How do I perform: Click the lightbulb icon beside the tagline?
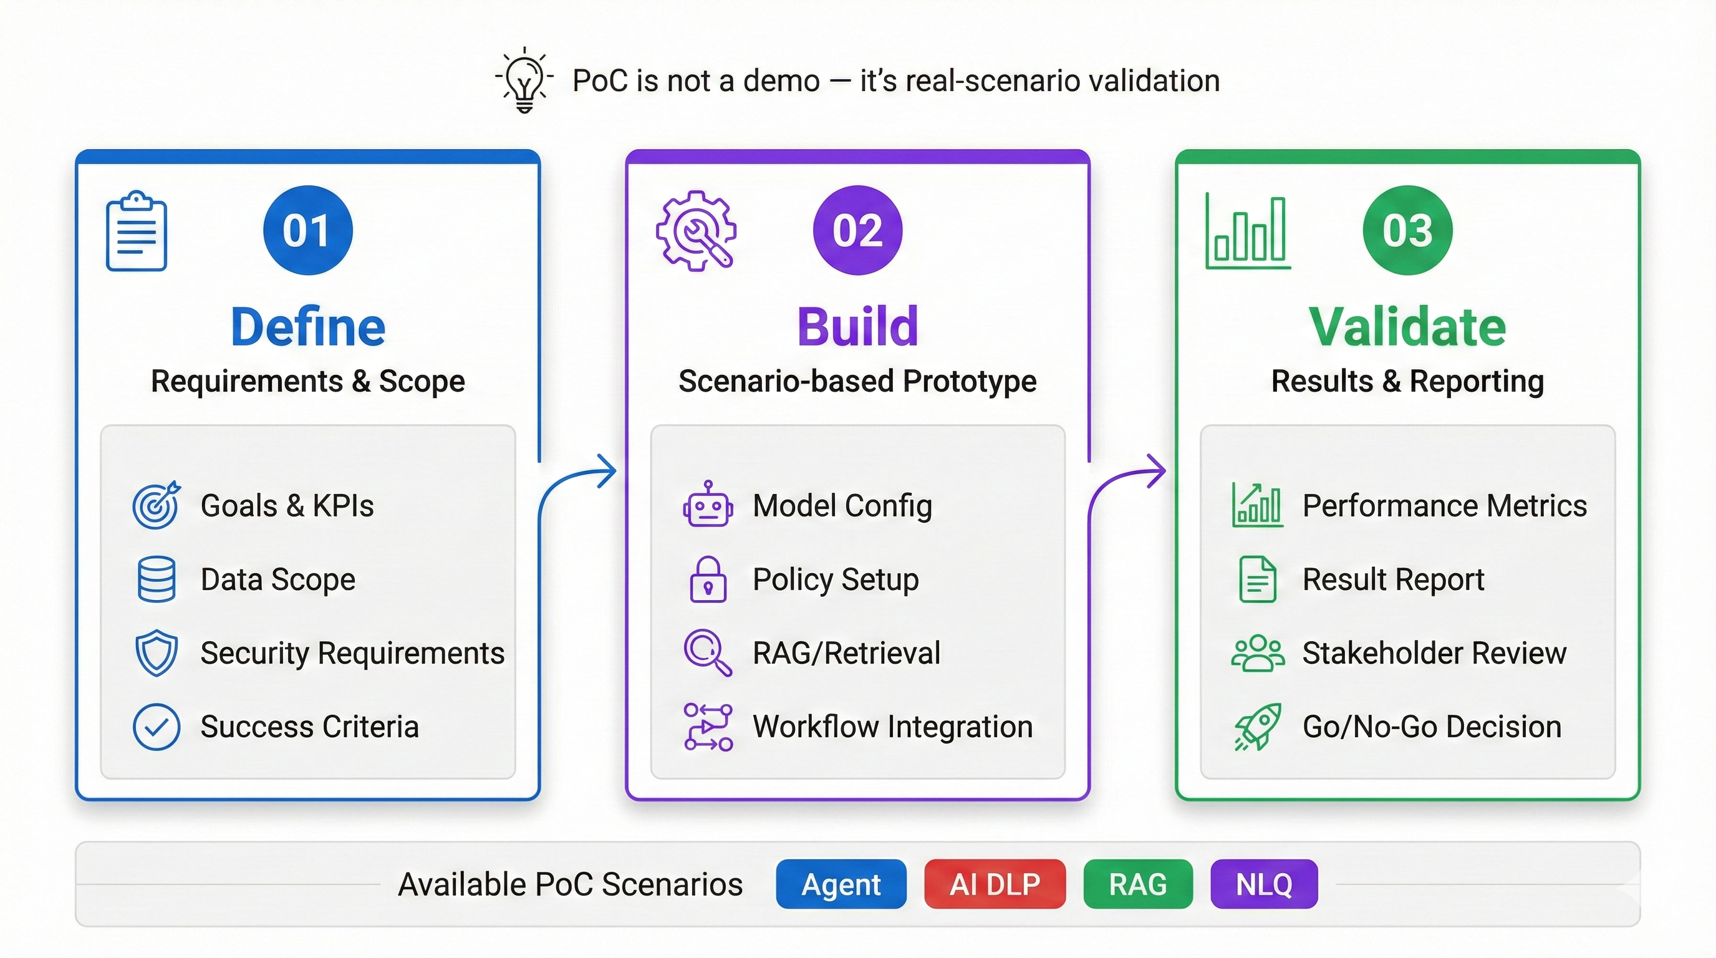pos(524,80)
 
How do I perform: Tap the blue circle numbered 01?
pos(308,230)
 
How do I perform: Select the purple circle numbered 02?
pos(857,230)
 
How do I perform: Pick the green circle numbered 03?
pos(1407,230)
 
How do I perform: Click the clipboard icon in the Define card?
pos(137,231)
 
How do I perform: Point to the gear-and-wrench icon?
pos(696,231)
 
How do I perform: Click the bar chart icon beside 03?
pos(1248,231)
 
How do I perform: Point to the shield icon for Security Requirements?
pos(157,653)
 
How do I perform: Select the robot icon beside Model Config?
pos(708,505)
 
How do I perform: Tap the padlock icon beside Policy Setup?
pos(708,579)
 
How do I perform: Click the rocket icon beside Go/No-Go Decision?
pos(1258,727)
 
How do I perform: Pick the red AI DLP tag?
pos(995,884)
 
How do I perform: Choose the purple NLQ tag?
pos(1264,884)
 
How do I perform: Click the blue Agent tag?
pos(841,884)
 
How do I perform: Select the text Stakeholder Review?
pos(1434,653)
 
